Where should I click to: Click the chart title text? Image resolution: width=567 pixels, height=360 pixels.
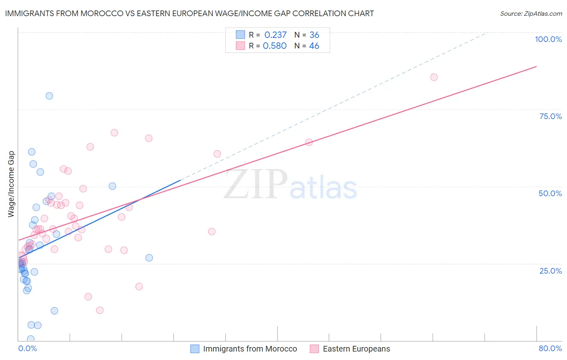point(189,13)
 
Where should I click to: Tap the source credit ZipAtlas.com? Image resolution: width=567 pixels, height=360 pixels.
point(531,14)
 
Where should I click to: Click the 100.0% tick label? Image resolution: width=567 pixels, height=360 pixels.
point(548,39)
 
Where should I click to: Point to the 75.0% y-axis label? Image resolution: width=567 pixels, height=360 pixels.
point(550,116)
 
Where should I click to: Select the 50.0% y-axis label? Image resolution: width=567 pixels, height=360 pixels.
point(550,193)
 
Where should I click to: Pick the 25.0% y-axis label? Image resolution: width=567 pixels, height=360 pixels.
point(550,271)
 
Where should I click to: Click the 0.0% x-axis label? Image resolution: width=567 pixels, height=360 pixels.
point(27,348)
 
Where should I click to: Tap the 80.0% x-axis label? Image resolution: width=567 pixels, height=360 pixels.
point(550,348)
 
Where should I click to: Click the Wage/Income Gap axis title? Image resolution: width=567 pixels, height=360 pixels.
point(11,184)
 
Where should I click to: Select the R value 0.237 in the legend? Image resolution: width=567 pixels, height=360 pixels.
point(275,35)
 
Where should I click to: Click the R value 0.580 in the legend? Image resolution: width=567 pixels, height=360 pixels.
point(275,46)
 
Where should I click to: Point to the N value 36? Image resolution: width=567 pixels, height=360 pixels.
point(314,35)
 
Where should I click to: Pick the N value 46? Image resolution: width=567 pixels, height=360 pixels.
point(314,46)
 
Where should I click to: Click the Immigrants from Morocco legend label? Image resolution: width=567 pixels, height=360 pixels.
point(250,349)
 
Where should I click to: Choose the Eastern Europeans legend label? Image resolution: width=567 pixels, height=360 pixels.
point(356,349)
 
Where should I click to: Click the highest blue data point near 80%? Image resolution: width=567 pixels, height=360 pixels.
point(49,96)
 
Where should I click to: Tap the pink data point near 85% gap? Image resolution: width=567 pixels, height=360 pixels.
point(434,77)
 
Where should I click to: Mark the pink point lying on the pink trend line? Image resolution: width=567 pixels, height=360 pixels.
point(309,142)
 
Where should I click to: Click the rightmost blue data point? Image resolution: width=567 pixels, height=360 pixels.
point(149,258)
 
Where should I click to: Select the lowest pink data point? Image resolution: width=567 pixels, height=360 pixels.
point(100,310)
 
